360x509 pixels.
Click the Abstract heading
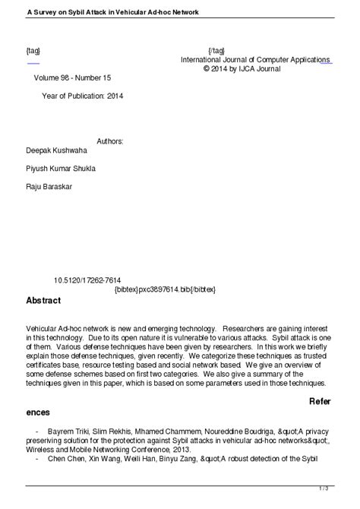[x=43, y=300]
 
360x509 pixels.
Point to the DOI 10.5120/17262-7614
[x=87, y=280]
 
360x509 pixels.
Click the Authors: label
[x=110, y=141]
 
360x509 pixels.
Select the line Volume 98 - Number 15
[x=72, y=78]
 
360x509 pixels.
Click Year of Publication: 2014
[x=82, y=96]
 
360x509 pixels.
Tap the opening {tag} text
[x=33, y=51]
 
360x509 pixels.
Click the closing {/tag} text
[x=216, y=51]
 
